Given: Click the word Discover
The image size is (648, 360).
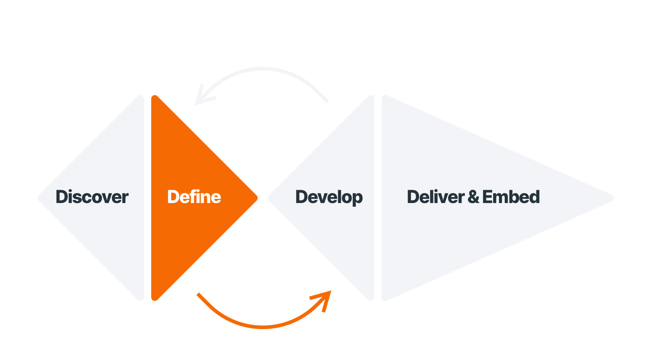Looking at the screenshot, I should click(x=92, y=197).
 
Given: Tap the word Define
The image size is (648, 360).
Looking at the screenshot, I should click(x=194, y=197).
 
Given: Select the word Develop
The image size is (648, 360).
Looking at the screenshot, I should click(x=329, y=197).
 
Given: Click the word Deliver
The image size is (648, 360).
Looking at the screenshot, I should click(x=436, y=197).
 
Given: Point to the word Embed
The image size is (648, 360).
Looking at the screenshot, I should click(x=511, y=197).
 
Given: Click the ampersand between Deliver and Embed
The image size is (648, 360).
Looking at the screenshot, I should click(x=473, y=197).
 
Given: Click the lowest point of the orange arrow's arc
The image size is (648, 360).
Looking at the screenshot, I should click(x=263, y=327).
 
